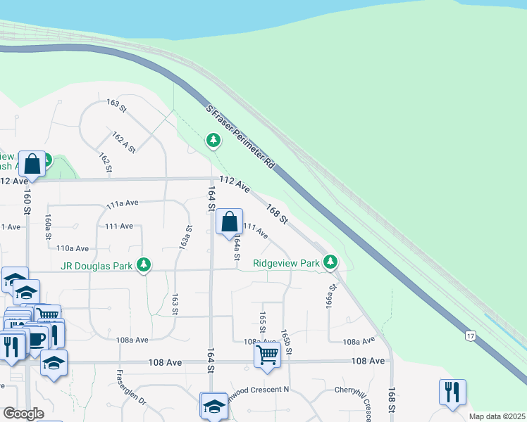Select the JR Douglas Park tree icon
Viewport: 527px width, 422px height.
pyautogui.click(x=144, y=264)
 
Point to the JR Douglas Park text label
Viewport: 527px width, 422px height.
pyautogui.click(x=97, y=265)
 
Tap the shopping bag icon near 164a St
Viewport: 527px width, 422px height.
pyautogui.click(x=230, y=223)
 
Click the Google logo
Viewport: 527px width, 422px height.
pyautogui.click(x=24, y=413)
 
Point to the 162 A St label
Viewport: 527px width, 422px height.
pyautogui.click(x=123, y=141)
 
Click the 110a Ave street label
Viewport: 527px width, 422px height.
pyautogui.click(x=73, y=248)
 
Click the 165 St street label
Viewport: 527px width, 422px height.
pyautogui.click(x=262, y=321)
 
